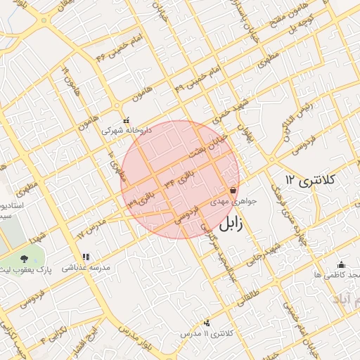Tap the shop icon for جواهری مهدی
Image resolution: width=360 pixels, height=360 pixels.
click(233, 190)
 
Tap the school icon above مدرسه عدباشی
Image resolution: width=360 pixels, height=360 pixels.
click(86, 257)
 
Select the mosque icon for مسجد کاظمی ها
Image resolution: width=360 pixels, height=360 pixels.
click(342, 264)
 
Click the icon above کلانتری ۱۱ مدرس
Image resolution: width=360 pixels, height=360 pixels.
click(207, 323)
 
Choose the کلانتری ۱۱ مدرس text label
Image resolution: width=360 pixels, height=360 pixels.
click(206, 333)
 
